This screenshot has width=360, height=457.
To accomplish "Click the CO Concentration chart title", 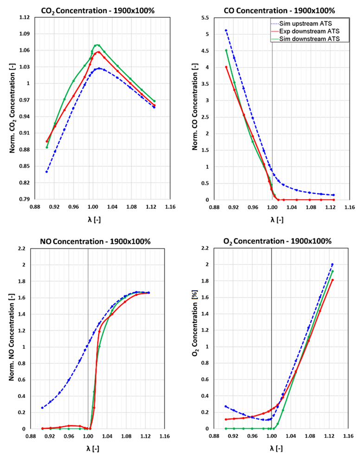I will [279, 10].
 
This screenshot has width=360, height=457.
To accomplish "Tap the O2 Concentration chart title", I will [279, 241].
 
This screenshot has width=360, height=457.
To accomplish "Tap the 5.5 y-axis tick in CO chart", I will [204, 18].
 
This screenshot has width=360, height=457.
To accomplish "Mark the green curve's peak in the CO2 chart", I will [97, 45].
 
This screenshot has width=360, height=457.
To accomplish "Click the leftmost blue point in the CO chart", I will [226, 30].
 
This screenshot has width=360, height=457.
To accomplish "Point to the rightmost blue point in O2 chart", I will [332, 264].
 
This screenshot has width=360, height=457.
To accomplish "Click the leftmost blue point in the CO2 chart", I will [46, 172].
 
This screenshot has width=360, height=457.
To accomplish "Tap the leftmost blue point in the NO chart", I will [42, 408].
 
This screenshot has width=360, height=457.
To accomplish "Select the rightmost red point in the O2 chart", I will [333, 280].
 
